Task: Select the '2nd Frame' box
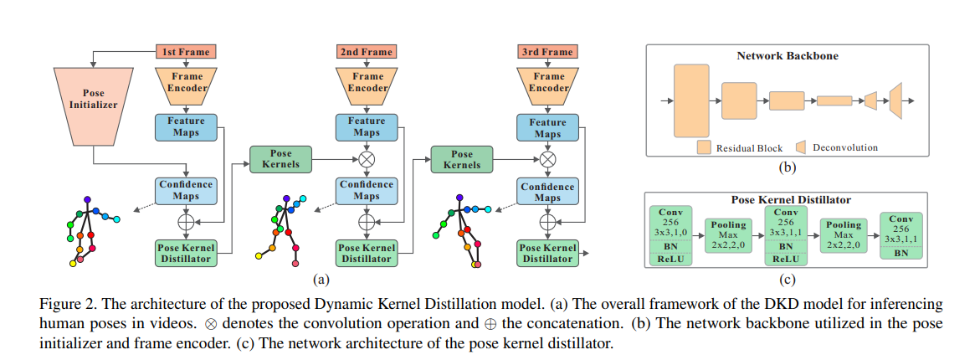366,52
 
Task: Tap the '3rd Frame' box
548,52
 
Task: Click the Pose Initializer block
94,100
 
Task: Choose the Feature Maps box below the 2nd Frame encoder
366,126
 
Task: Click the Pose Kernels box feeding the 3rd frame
462,159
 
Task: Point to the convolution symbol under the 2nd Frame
366,158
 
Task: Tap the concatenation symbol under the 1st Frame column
186,222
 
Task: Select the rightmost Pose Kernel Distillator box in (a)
548,252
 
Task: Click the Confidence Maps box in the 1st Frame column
186,190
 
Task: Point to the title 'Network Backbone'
787,56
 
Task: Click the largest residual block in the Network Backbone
690,100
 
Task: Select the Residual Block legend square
704,148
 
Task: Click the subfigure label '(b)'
788,167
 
